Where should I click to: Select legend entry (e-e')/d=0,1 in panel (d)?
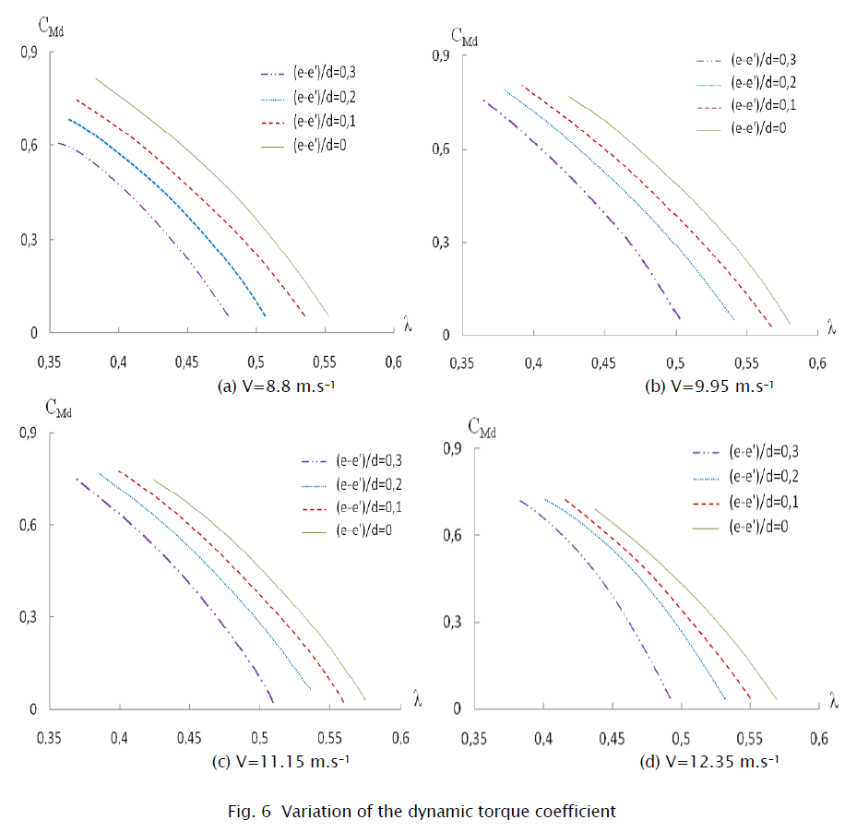tap(763, 502)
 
